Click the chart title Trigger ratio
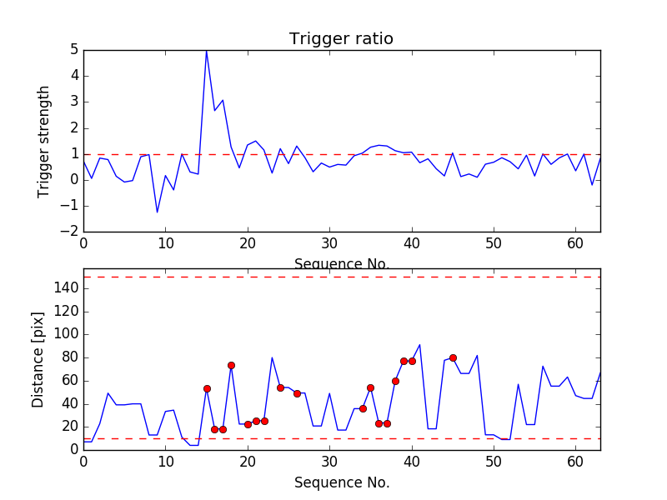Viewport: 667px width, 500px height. click(x=341, y=39)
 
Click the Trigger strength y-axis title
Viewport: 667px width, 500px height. click(x=44, y=142)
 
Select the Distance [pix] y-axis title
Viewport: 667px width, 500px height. click(x=38, y=359)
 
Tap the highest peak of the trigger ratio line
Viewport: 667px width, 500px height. click(x=206, y=51)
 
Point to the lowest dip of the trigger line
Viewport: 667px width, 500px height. click(x=157, y=212)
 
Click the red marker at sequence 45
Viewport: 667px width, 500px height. click(x=453, y=357)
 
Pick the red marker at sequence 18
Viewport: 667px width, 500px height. click(x=231, y=365)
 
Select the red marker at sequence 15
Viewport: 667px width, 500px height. click(x=207, y=388)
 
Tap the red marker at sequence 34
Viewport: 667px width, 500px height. click(x=363, y=408)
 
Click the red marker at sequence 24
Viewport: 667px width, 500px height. click(x=280, y=387)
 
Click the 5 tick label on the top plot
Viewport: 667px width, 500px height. click(x=74, y=50)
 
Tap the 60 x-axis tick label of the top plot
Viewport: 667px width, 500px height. click(x=575, y=243)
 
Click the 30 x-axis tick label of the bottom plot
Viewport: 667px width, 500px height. click(x=329, y=461)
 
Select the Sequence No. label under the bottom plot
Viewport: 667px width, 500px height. click(x=341, y=482)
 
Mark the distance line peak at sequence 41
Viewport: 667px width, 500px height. click(x=419, y=345)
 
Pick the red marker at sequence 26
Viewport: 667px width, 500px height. click(x=297, y=393)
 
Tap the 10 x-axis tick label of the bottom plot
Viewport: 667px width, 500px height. click(x=165, y=461)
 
